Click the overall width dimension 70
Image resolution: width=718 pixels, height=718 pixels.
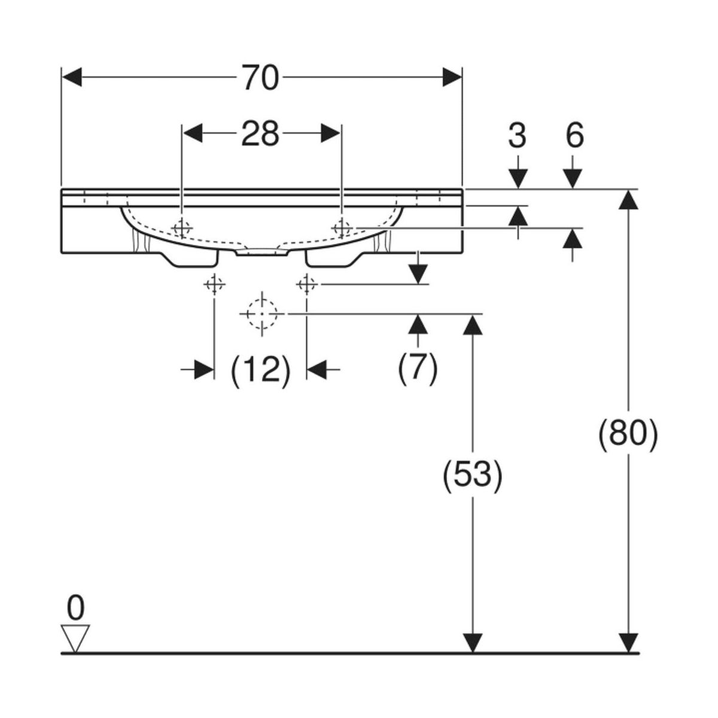261,78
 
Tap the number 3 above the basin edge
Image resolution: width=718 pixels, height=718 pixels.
517,136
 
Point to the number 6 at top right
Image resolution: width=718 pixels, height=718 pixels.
574,136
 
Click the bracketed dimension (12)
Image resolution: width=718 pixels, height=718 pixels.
261,370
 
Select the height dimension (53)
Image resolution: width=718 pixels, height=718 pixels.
472,474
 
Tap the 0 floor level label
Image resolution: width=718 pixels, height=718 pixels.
75,609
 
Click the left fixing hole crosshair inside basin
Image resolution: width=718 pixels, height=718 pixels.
181,228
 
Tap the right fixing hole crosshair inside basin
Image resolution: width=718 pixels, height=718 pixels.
341,227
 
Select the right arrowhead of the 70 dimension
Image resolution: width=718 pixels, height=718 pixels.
452,77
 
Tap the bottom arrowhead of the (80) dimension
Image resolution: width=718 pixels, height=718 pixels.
628,643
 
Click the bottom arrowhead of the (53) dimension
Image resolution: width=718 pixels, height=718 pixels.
473,643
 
